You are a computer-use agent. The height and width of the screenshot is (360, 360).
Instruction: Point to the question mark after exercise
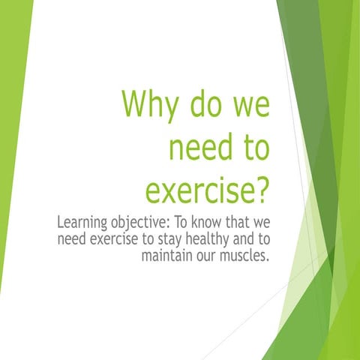260,190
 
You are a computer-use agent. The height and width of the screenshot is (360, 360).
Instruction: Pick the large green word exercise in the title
198,190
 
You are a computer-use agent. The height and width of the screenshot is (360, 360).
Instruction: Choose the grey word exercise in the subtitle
111,240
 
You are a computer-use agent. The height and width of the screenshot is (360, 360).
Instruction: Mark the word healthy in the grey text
209,240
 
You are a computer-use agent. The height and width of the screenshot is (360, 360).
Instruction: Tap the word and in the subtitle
247,240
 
